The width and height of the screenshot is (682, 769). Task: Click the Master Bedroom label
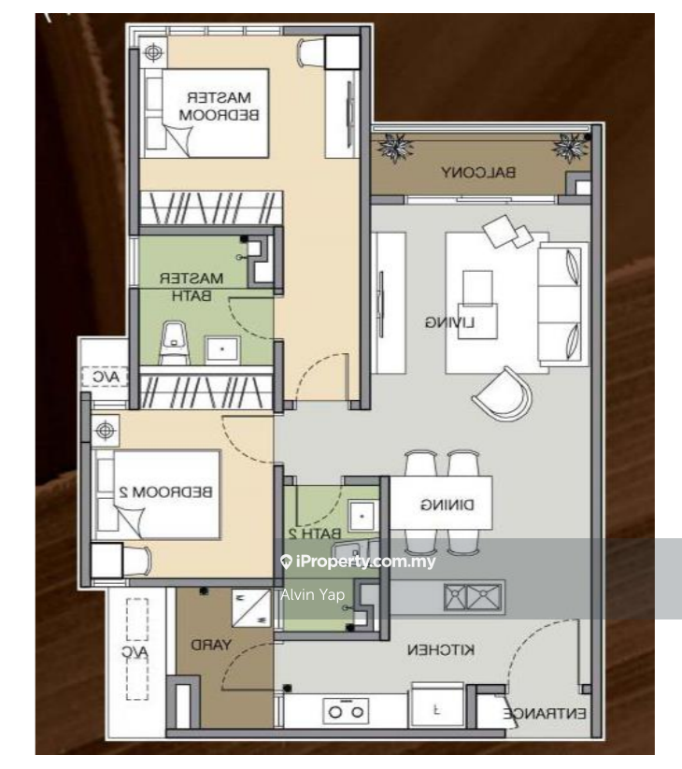(221, 105)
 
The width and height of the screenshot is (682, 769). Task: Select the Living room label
(449, 322)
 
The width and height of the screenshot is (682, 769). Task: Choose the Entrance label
(546, 714)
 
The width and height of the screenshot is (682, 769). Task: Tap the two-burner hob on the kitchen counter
(346, 712)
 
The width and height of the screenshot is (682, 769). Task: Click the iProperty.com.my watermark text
(358, 562)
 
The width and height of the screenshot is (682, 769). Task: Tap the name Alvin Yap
(312, 594)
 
